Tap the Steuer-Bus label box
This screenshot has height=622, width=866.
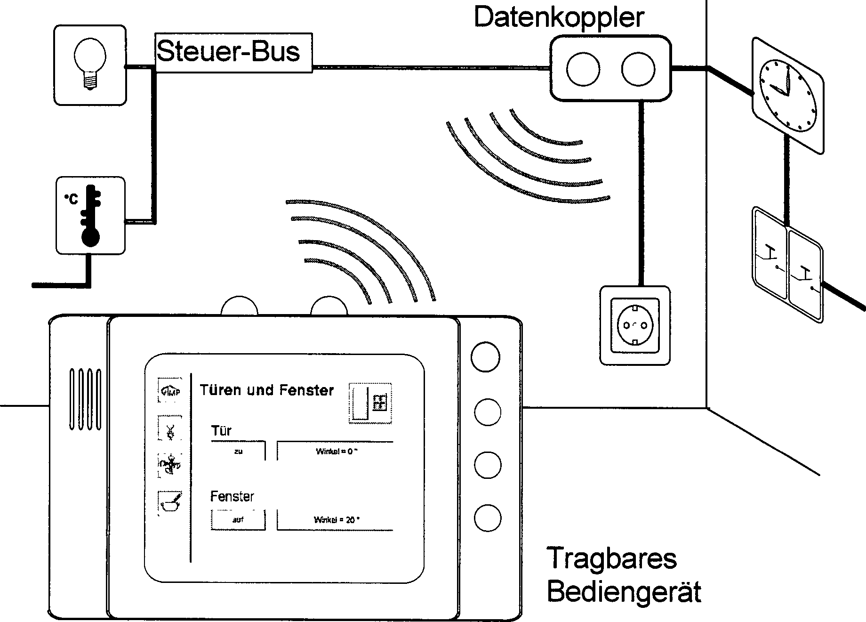point(233,52)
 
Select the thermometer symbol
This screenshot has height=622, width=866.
point(90,216)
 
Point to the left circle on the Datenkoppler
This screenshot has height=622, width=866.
point(583,69)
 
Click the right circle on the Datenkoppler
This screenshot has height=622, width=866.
point(638,69)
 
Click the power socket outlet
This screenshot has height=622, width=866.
point(634,325)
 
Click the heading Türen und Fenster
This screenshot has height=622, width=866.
point(266,390)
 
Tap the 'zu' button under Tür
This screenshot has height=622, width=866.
point(238,451)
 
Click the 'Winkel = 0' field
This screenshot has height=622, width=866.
point(335,451)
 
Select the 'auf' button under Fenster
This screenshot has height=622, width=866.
point(238,520)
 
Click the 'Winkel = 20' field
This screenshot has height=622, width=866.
point(335,520)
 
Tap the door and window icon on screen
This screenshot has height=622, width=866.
point(370,403)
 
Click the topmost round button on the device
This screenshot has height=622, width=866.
point(485,357)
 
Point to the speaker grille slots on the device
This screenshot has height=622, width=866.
point(85,399)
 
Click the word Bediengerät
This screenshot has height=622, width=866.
point(624,592)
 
